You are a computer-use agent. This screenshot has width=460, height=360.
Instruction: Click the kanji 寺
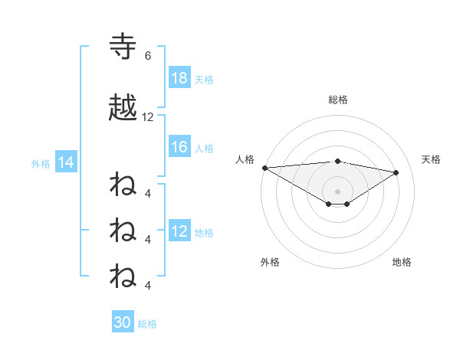[123, 46]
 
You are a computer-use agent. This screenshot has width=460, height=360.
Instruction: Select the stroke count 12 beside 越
[148, 117]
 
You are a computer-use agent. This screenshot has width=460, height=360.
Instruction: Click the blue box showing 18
[179, 78]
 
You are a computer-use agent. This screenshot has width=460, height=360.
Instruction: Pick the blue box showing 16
[179, 148]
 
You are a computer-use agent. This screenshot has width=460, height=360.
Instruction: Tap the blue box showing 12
[179, 232]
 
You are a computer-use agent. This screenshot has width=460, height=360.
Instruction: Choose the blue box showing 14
[65, 162]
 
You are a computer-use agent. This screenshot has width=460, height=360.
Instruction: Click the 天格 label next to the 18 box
[203, 79]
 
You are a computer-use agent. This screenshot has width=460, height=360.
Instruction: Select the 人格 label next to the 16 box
[203, 149]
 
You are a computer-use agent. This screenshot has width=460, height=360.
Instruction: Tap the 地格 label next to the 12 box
[203, 233]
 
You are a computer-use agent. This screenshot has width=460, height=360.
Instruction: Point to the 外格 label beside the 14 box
[41, 163]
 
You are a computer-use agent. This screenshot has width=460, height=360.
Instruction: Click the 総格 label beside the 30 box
[147, 323]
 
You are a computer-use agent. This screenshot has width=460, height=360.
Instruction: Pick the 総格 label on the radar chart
[337, 100]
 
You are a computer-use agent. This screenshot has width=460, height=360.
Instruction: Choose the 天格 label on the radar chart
[432, 159]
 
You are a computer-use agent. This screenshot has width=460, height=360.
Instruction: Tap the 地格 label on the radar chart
[402, 262]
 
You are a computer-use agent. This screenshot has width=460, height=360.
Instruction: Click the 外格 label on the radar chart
[270, 262]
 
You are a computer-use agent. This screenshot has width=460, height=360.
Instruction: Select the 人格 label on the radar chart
[245, 159]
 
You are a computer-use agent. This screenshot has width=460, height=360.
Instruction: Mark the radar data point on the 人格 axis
[264, 167]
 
